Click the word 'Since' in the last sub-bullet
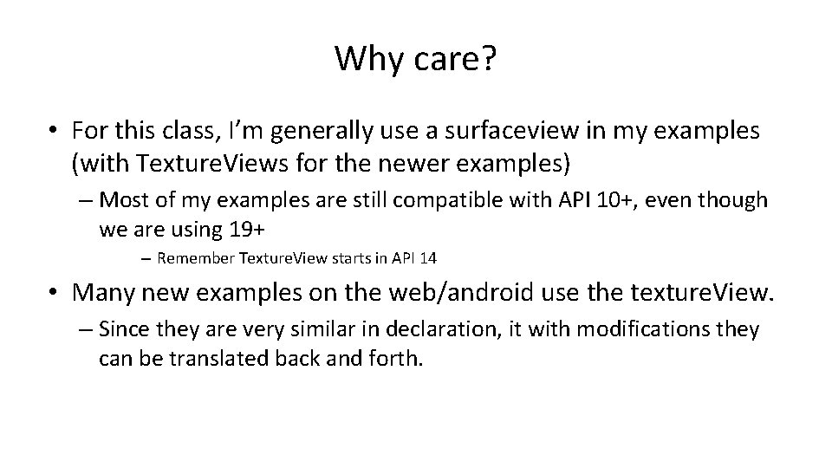pyautogui.click(x=124, y=330)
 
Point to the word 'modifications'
pyautogui.click(x=636, y=330)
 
